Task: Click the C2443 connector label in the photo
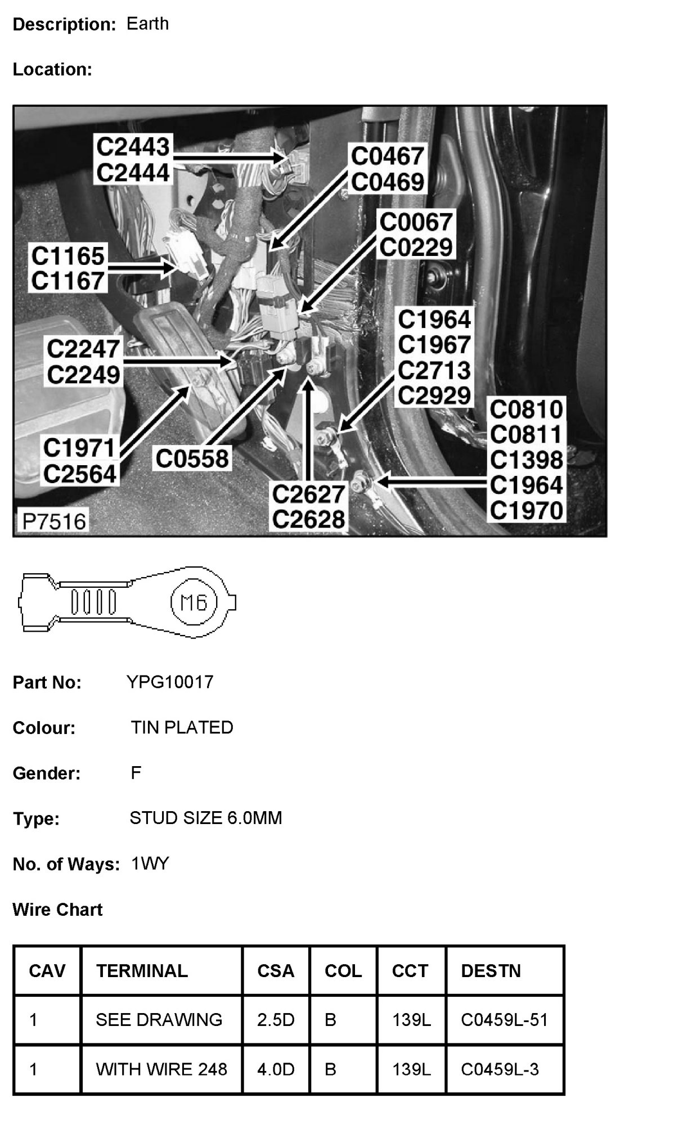coord(133,147)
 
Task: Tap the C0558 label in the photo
coord(192,458)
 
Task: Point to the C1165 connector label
coord(68,256)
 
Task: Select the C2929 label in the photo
coord(434,395)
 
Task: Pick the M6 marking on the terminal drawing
coord(193,604)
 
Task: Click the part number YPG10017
coord(170,682)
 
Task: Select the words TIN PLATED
coord(182,727)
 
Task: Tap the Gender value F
coord(136,773)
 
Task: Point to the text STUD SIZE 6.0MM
coord(205,818)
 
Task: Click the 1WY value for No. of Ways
coord(150,863)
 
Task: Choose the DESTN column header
coord(491,971)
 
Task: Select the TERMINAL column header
coord(142,971)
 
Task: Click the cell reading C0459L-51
coord(504,1020)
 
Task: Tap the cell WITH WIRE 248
coord(161,1069)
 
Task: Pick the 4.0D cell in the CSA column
coord(276,1069)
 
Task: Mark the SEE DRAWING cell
coord(159,1020)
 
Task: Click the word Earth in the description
coord(147,24)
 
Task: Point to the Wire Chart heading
coord(57,910)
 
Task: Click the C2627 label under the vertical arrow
coord(308,494)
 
